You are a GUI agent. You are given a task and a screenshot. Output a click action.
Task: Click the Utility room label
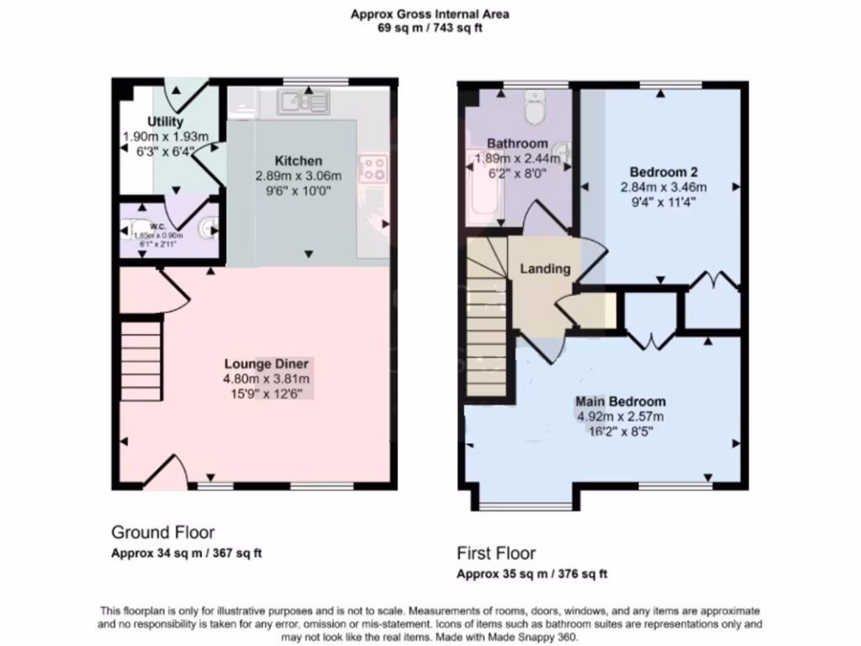[x=166, y=122]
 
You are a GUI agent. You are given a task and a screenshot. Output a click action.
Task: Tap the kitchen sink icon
[x=304, y=103]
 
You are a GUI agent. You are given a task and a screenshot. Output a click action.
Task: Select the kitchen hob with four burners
[x=372, y=168]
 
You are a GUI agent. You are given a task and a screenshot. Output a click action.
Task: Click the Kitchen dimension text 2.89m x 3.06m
[x=299, y=176]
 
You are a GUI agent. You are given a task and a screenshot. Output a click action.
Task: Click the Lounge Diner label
[x=267, y=363]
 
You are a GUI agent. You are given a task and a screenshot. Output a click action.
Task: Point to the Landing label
[x=545, y=269]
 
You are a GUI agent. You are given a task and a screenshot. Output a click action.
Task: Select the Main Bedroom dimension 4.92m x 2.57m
[x=621, y=416]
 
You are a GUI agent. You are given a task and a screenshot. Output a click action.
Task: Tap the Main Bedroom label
[x=621, y=401]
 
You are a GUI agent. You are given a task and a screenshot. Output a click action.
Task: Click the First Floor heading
[x=496, y=553]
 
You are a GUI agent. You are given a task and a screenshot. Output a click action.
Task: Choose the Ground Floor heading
[x=162, y=532]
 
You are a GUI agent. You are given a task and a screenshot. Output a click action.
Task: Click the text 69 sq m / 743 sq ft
[x=430, y=28]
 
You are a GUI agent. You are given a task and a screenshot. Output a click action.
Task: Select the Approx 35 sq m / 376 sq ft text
[x=531, y=575]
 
